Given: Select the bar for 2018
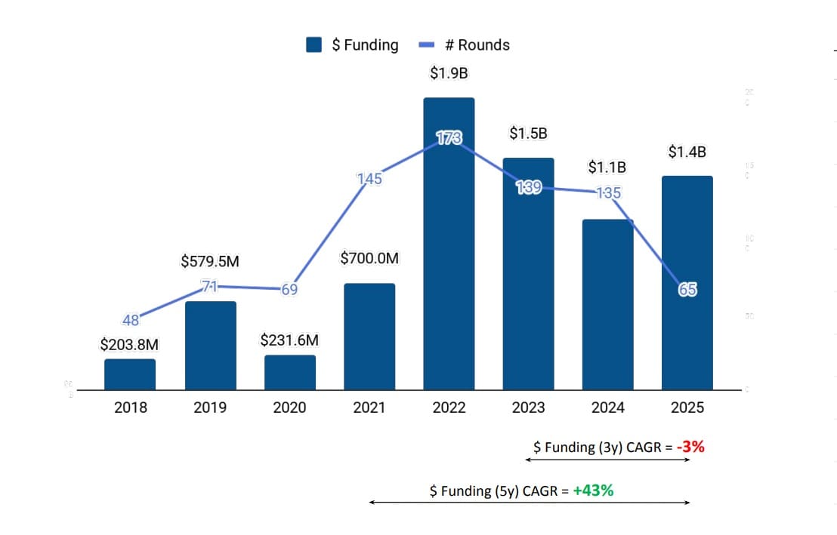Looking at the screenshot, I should tap(130, 374).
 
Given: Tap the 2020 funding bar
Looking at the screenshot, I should tap(289, 372).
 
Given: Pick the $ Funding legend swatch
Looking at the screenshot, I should tap(314, 45).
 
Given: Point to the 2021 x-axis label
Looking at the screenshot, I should tap(369, 407).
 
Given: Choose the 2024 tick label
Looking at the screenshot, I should tap(607, 407).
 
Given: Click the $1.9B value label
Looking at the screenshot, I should tap(449, 73).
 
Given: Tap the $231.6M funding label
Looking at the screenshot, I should tap(289, 340).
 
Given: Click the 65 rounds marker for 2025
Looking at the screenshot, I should tap(687, 289).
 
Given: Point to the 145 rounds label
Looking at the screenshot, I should tap(369, 179).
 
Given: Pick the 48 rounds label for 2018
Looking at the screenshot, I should tap(131, 320).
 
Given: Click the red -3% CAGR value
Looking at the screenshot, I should tap(690, 447).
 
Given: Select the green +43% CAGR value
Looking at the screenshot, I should tap(593, 490).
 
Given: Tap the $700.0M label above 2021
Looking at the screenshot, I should tap(369, 259).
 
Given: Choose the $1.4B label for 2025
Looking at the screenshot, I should tap(687, 152).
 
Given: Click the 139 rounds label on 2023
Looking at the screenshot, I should tap(528, 188).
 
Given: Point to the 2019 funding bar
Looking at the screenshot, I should tap(210, 346).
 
